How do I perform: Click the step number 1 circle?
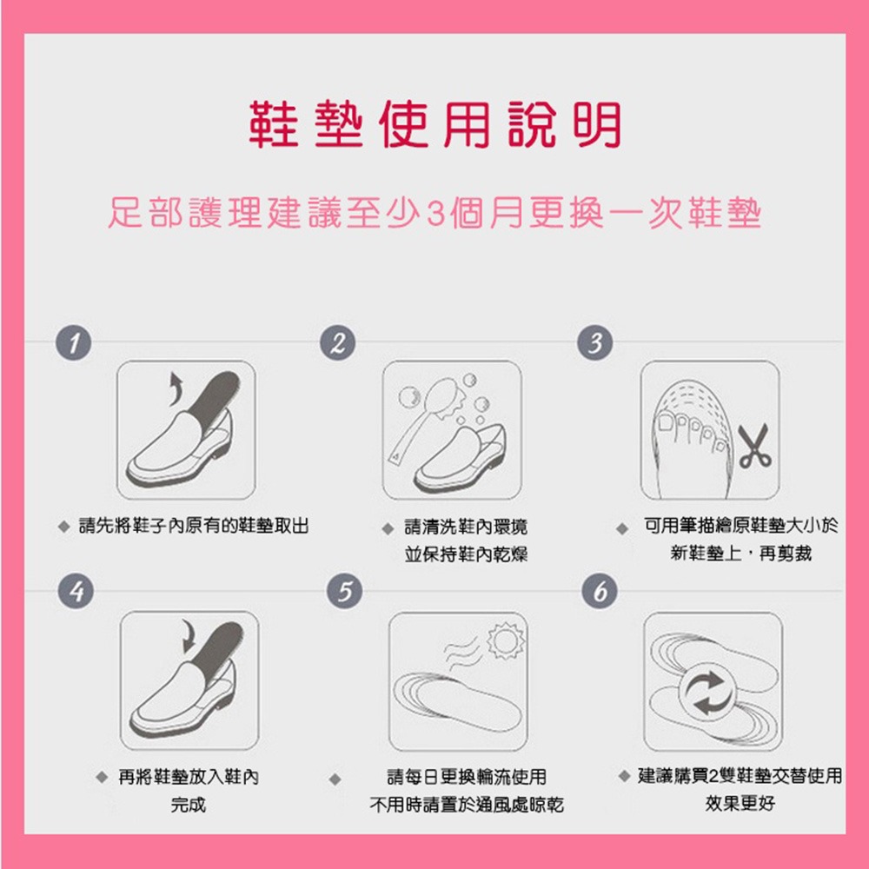[73, 343]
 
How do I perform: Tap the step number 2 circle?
[337, 343]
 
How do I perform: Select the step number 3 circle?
[595, 343]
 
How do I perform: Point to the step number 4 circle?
[76, 591]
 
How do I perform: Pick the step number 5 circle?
[345, 591]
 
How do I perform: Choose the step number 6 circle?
[600, 591]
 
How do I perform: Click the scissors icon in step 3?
[754, 447]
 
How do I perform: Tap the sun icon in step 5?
[506, 640]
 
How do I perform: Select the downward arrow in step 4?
[189, 636]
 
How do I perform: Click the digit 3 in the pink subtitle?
[437, 214]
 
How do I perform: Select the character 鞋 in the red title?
[274, 124]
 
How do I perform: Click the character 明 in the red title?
[598, 124]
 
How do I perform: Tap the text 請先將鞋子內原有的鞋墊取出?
[194, 526]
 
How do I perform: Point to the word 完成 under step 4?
[189, 804]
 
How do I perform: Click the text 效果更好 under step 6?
[740, 803]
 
